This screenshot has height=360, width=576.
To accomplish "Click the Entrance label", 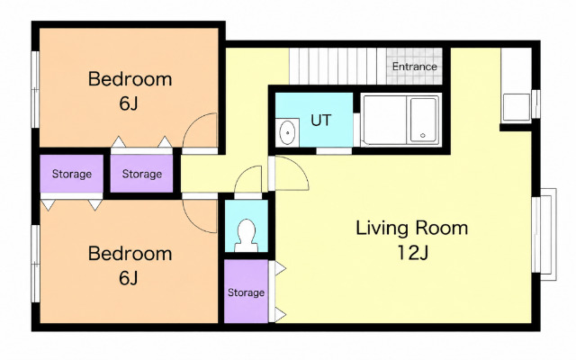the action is click(414, 67).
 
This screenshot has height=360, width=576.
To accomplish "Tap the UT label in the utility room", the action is click(320, 120).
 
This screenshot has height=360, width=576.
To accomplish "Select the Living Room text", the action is click(412, 228).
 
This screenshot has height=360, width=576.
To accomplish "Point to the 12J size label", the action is click(413, 252).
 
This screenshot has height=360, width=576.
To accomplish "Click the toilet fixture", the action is click(246, 236).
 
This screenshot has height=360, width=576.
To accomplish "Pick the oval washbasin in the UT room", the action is click(287, 132).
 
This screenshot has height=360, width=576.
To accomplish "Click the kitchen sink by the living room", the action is click(516, 107).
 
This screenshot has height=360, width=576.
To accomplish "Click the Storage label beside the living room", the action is click(246, 292).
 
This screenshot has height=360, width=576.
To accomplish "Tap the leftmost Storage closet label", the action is click(72, 174).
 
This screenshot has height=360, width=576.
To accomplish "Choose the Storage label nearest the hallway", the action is click(142, 174).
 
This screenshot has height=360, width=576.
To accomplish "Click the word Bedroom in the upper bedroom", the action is click(130, 79).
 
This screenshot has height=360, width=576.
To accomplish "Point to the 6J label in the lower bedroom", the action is click(128, 278).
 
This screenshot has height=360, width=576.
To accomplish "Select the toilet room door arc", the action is click(242, 174).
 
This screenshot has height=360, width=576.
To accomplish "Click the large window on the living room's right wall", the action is click(544, 234).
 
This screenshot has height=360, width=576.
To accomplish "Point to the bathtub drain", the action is click(423, 135).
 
